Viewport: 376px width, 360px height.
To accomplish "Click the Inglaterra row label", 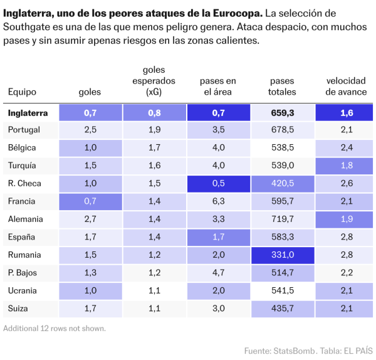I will tap(28, 113).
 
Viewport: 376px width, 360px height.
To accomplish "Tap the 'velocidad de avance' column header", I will tap(347, 87).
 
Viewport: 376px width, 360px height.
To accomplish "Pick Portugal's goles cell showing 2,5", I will tap(90, 130).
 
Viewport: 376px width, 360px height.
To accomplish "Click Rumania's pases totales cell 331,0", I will tap(282, 255).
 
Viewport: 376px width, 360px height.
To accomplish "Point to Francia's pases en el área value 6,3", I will tap(218, 201).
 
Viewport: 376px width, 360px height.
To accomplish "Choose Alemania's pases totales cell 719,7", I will tap(282, 220).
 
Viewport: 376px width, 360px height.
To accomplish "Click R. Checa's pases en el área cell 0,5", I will tap(218, 184).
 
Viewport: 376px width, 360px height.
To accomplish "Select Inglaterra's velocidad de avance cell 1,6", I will tap(347, 113).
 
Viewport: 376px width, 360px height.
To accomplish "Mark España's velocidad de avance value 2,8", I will tap(347, 238).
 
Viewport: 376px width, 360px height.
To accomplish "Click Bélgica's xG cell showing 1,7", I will tap(154, 148).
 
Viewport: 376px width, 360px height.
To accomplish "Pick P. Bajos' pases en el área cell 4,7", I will tap(218, 273).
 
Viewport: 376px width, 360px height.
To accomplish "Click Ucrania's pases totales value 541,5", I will tap(282, 291).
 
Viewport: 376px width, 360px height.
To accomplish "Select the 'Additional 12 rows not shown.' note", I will tap(54, 328).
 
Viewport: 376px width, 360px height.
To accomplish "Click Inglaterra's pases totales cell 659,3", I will tap(282, 113).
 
